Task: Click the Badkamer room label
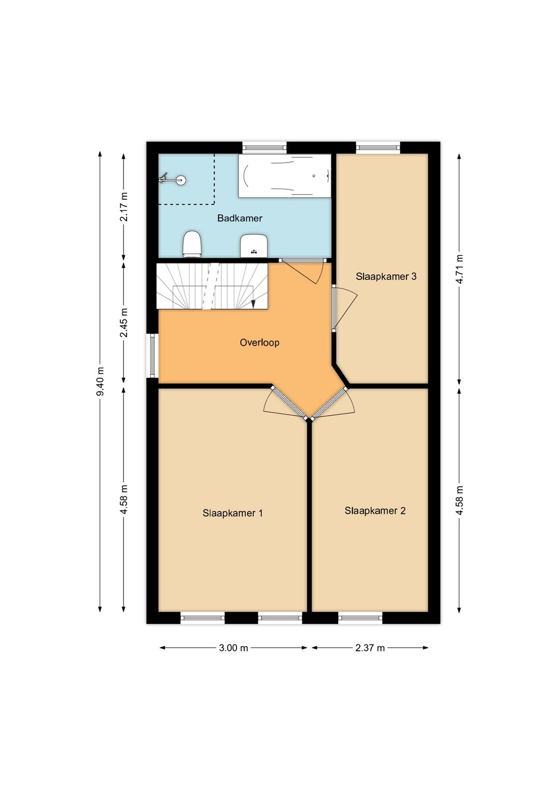point(240,218)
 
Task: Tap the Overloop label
point(259,342)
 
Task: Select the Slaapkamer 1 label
point(232,513)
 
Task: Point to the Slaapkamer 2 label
point(375,510)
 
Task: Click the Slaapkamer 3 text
point(386,276)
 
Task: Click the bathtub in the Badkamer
point(285,175)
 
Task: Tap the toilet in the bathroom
point(192,244)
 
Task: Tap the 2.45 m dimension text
point(124,323)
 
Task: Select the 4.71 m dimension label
point(459,269)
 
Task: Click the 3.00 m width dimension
point(233,647)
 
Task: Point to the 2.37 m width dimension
point(370,647)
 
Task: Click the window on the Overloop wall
point(152,356)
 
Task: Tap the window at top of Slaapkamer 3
point(378,147)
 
